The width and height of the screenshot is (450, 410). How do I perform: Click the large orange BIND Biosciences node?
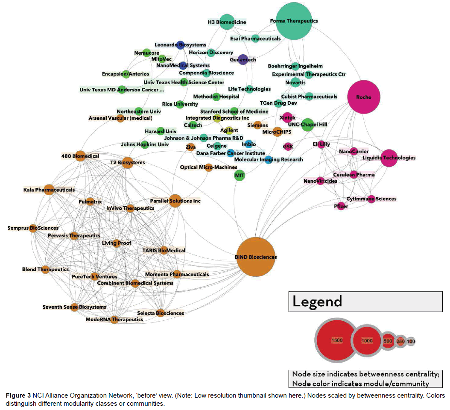pos(256,257)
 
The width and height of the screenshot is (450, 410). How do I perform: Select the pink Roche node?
pos(364,97)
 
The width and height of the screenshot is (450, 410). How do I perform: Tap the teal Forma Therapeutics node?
pos(294,21)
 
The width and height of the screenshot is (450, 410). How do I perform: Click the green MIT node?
pos(240,175)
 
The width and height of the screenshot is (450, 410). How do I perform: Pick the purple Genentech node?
pos(243,60)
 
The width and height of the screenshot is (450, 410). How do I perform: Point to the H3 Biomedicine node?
pos(227,22)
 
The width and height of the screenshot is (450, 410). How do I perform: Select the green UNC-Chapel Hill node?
pos(307,124)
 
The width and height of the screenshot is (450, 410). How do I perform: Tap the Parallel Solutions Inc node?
pos(175,201)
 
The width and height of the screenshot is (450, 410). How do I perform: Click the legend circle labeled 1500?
pos(336,340)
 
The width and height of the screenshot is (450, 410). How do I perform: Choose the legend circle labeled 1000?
pos(367,341)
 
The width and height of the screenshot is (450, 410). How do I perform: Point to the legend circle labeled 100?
pos(410,342)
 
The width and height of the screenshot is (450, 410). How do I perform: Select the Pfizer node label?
pos(341,206)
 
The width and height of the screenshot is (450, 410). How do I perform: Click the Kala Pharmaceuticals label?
pos(49,190)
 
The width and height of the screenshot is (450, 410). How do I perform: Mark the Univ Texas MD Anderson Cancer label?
pos(122,90)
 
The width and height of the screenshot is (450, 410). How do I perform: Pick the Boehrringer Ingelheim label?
pos(295,66)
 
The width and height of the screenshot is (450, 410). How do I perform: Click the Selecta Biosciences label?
pos(161,313)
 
